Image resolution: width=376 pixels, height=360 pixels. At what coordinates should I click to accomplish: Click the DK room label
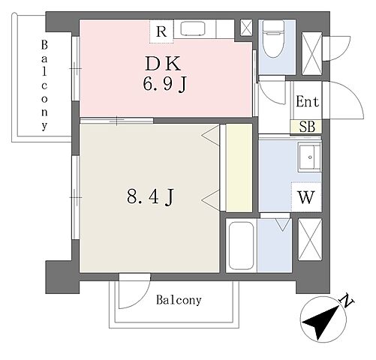pyautogui.click(x=163, y=64)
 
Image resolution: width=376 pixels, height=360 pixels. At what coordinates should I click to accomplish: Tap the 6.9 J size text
pyautogui.click(x=165, y=84)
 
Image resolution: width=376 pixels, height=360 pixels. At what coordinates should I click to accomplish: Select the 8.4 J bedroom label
pyautogui.click(x=150, y=196)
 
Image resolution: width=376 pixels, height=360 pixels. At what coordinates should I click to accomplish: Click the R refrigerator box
pyautogui.click(x=161, y=31)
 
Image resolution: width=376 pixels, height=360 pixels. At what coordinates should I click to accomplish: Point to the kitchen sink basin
pyautogui.click(x=193, y=28)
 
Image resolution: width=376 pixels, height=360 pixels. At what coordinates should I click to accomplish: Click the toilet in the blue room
pyautogui.click(x=274, y=39)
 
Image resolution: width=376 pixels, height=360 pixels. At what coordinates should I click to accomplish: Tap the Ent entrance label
pyautogui.click(x=308, y=101)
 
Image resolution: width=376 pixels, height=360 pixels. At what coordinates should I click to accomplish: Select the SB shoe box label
pyautogui.click(x=307, y=127)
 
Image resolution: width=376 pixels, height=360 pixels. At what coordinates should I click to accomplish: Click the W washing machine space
pyautogui.click(x=306, y=197)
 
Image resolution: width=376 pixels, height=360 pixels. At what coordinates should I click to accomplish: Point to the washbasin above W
pyautogui.click(x=310, y=157)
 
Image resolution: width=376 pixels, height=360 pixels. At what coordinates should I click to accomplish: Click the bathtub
pyautogui.click(x=242, y=245)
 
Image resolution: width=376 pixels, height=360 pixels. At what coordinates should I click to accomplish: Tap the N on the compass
pyautogui.click(x=346, y=300)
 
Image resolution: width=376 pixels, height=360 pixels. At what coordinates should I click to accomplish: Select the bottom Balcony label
pyautogui.click(x=179, y=300)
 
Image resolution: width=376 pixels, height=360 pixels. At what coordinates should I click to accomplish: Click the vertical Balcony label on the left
pyautogui.click(x=44, y=85)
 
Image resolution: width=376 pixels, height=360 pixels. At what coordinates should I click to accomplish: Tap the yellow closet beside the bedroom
pyautogui.click(x=239, y=168)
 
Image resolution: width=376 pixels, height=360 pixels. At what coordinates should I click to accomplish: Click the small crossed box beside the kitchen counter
pyautogui.click(x=246, y=28)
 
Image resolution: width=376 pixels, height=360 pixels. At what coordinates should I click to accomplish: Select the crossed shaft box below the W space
pyautogui.click(x=310, y=239)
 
